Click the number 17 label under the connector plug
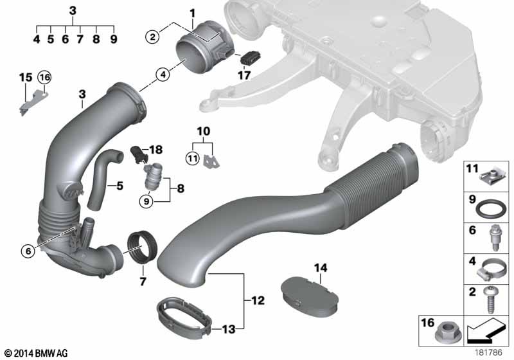(244, 75)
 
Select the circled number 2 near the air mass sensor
(152, 37)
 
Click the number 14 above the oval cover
(321, 268)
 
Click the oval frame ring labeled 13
(184, 317)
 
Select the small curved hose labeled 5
(103, 178)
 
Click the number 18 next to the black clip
(156, 150)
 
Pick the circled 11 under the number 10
(192, 159)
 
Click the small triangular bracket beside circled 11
(211, 161)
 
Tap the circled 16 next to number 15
(44, 78)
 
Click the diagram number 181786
(488, 352)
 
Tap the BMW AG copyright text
(37, 353)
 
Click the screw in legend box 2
(491, 300)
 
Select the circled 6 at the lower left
(28, 251)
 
